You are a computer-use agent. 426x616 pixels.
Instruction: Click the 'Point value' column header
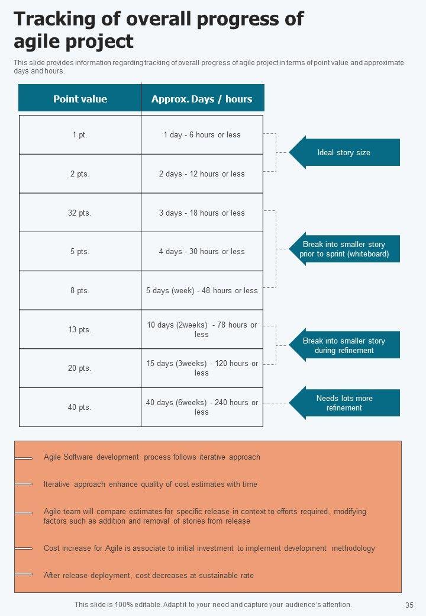[x=80, y=99]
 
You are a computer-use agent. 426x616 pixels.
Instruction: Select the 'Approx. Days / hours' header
[x=202, y=99]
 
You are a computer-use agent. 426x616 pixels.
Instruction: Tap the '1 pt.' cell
[x=80, y=135]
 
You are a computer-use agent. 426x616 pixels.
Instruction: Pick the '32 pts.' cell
[x=80, y=213]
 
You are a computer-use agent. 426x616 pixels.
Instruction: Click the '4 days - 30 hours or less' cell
[x=202, y=252]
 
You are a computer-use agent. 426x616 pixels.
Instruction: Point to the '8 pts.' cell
[x=80, y=291]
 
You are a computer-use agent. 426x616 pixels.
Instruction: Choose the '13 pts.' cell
[x=80, y=330]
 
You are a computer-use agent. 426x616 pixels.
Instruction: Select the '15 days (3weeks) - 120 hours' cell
[x=202, y=368]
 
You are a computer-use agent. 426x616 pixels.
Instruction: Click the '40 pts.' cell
[x=80, y=408]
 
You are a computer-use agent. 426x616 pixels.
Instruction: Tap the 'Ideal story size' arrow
[x=344, y=153]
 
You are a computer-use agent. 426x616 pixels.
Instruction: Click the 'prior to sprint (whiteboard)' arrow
[x=344, y=249]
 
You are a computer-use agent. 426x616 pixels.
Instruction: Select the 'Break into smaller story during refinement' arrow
[x=344, y=346]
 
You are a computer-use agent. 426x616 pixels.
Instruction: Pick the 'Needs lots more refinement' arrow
[x=344, y=403]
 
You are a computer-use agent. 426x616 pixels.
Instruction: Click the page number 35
[x=409, y=605]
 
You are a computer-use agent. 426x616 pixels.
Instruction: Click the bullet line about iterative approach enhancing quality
[x=150, y=485]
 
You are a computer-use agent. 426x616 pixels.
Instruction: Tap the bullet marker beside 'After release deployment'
[x=24, y=575]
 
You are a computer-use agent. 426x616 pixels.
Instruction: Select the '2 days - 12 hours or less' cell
[x=202, y=174]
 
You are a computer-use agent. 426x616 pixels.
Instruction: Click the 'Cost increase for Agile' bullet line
[x=209, y=548]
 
